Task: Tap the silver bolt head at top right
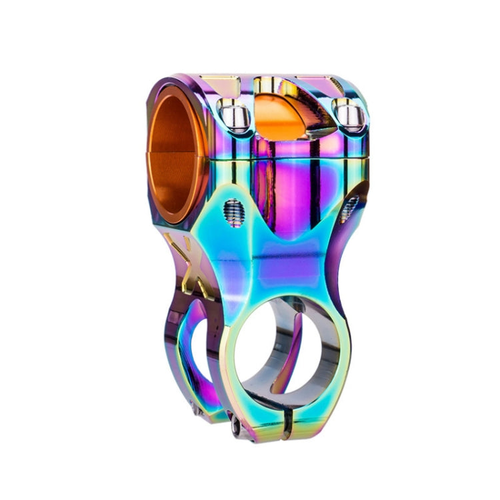(349, 115)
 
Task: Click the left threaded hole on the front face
(233, 213)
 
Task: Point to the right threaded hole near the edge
(349, 209)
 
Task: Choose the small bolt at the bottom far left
(197, 411)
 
